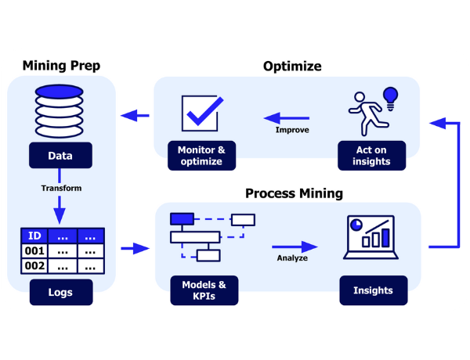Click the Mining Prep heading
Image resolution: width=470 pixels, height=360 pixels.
61,66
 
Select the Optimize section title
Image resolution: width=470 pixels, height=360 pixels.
291,66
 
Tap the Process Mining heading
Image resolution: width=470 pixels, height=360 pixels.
294,193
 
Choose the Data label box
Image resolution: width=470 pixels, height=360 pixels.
60,156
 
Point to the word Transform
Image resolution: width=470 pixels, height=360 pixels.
61,188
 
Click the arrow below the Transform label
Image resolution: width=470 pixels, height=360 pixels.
61,209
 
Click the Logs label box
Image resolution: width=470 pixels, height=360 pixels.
60,293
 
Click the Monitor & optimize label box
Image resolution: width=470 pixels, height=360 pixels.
201,156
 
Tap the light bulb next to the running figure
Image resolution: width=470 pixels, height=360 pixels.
389,97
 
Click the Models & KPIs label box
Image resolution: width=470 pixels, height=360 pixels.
204,290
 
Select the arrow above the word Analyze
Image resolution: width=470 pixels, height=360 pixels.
295,247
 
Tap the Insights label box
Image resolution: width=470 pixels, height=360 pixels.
373,290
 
